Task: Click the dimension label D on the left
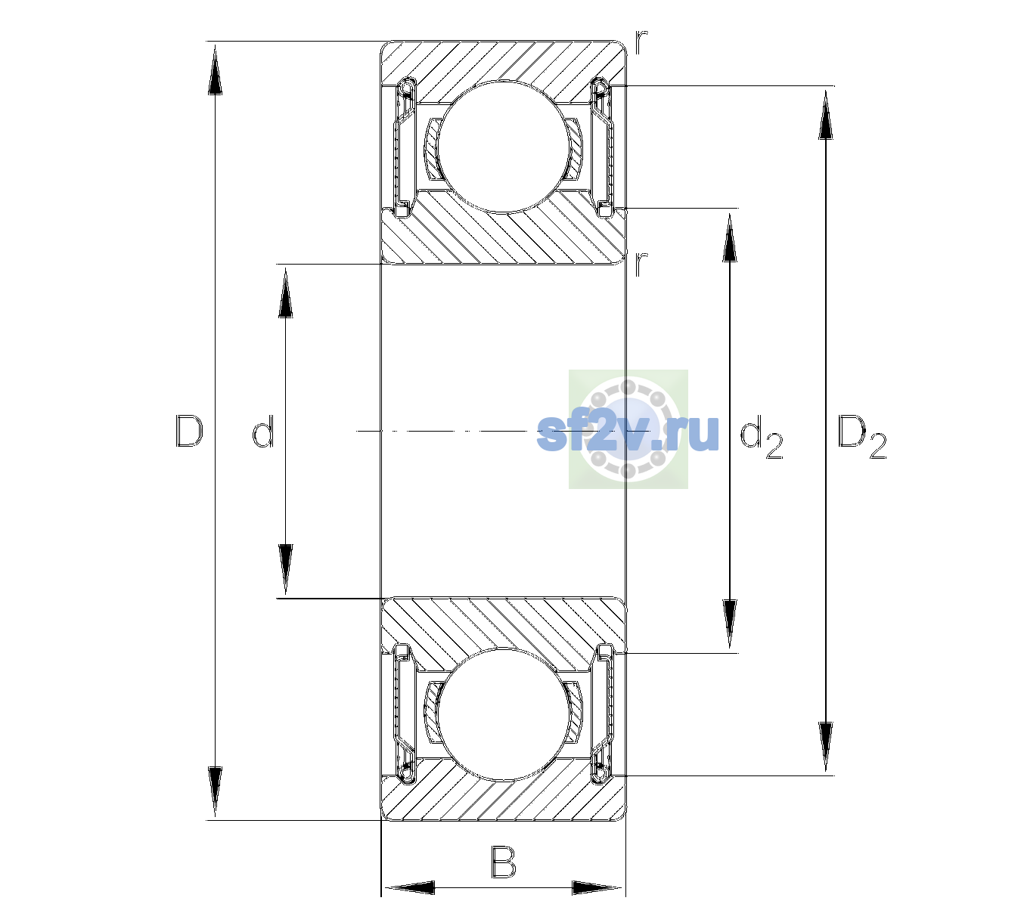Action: coord(189,431)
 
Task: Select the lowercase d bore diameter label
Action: coord(263,431)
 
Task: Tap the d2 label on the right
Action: coord(761,436)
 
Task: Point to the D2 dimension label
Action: coord(861,436)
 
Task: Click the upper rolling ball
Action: coord(504,147)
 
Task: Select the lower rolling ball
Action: coord(504,714)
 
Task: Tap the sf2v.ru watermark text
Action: coord(628,432)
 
